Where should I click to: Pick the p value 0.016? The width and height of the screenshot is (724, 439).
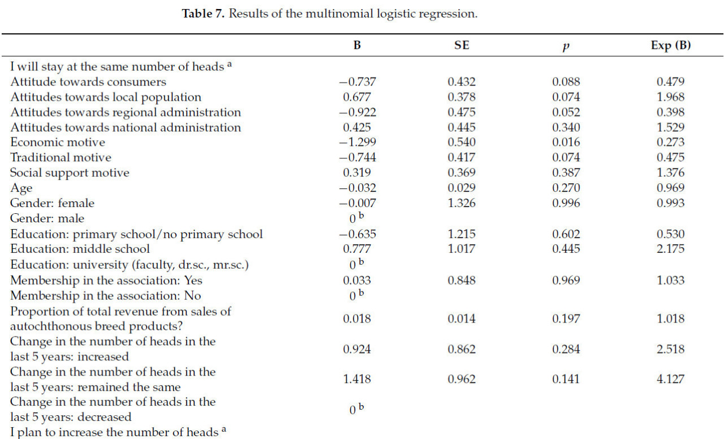tap(566, 143)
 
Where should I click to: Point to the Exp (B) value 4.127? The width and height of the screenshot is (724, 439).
tap(671, 379)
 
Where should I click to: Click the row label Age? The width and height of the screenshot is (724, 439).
tap(21, 188)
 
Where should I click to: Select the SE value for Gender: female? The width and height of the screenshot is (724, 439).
tap(462, 203)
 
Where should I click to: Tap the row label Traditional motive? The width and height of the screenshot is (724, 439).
tap(61, 158)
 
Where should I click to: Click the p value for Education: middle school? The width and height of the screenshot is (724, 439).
tap(566, 249)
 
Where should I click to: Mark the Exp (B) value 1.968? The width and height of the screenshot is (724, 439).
tap(671, 97)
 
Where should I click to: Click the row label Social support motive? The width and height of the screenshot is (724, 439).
tap(70, 173)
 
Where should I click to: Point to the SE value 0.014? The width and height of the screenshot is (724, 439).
tap(462, 319)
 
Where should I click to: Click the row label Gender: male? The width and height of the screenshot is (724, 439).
tap(48, 218)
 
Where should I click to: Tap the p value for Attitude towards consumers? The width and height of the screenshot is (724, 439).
tap(566, 82)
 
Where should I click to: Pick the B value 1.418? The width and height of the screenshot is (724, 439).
tap(357, 379)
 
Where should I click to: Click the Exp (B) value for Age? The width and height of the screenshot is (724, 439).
tap(671, 188)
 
